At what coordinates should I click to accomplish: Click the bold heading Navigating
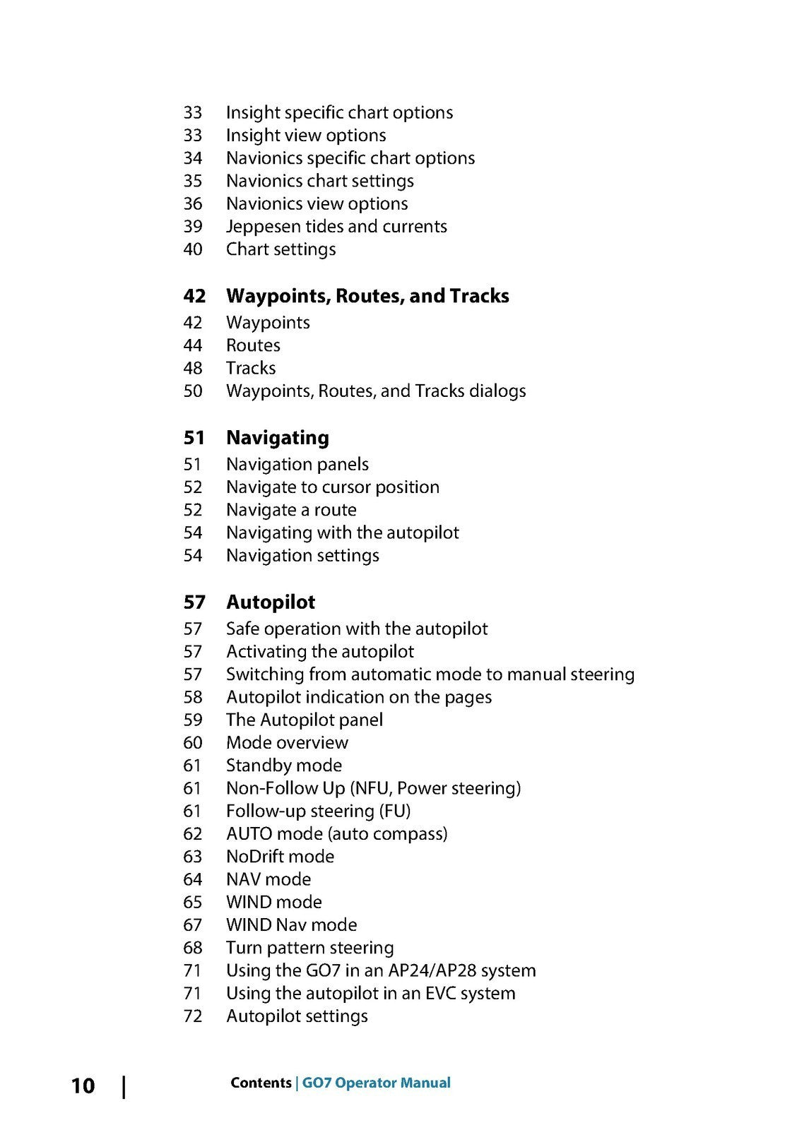pyautogui.click(x=277, y=438)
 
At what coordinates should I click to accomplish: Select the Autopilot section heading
pyautogui.click(x=271, y=602)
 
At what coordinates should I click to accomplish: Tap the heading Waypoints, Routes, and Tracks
pyautogui.click(x=367, y=296)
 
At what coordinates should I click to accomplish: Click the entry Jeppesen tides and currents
pyautogui.click(x=336, y=227)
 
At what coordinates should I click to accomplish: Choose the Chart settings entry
pyautogui.click(x=281, y=249)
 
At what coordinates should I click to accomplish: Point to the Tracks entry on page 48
pyautogui.click(x=251, y=368)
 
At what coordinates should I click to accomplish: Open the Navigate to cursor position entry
pyautogui.click(x=332, y=487)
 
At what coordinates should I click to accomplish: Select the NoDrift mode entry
pyautogui.click(x=280, y=857)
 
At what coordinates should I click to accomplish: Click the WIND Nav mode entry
pyautogui.click(x=291, y=925)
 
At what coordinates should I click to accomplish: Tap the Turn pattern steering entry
pyautogui.click(x=309, y=948)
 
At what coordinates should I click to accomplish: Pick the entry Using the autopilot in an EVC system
pyautogui.click(x=370, y=993)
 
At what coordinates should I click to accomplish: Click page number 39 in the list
pyautogui.click(x=193, y=227)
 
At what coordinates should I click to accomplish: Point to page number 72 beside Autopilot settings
pyautogui.click(x=193, y=1016)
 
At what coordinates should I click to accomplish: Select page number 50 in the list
pyautogui.click(x=193, y=391)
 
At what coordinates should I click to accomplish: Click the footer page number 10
pyautogui.click(x=83, y=1086)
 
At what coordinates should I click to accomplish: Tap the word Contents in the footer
pyautogui.click(x=261, y=1083)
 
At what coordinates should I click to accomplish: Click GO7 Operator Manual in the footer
pyautogui.click(x=377, y=1083)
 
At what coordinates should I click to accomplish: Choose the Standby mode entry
pyautogui.click(x=284, y=766)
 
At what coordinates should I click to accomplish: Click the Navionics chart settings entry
pyautogui.click(x=320, y=182)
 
